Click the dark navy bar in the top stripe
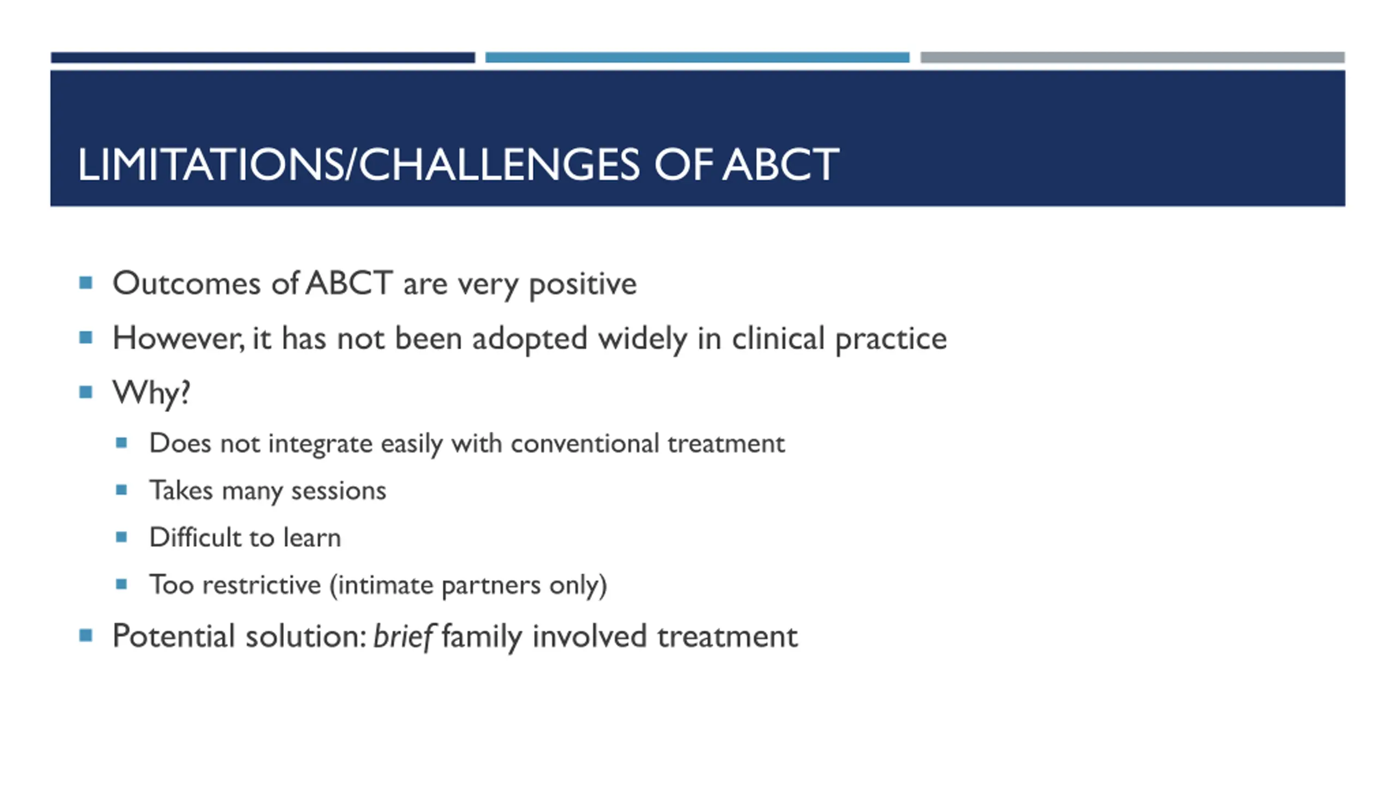coord(263,57)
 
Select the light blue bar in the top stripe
coord(697,57)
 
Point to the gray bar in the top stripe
coord(1133,57)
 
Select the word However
coord(178,338)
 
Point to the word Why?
coord(151,392)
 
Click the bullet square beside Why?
coord(86,392)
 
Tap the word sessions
coord(339,491)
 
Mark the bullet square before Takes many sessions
coord(122,490)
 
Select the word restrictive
coord(262,585)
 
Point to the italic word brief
coord(402,636)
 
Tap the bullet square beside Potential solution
coord(86,635)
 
